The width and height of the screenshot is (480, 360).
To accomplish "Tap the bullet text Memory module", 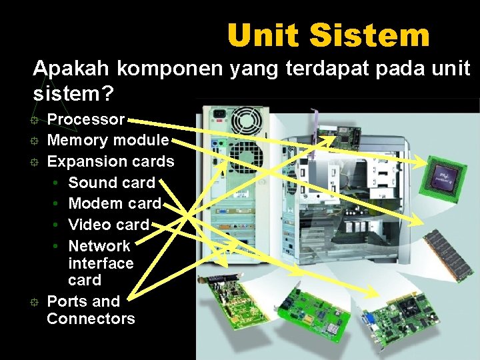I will pos(108,140).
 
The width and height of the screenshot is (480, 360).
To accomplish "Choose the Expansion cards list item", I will pos(111,161).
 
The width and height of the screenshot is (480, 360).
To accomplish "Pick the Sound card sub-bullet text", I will pos(111,182).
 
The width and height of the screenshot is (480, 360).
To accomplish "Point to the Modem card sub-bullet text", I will pos(115,203).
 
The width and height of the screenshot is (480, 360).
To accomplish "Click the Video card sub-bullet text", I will pos(109,225).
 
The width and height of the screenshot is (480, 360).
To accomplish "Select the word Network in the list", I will pos(99,245).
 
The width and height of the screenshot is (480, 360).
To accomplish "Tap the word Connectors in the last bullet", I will pos(91,319).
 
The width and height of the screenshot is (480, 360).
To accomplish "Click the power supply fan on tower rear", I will pos(247,121).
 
